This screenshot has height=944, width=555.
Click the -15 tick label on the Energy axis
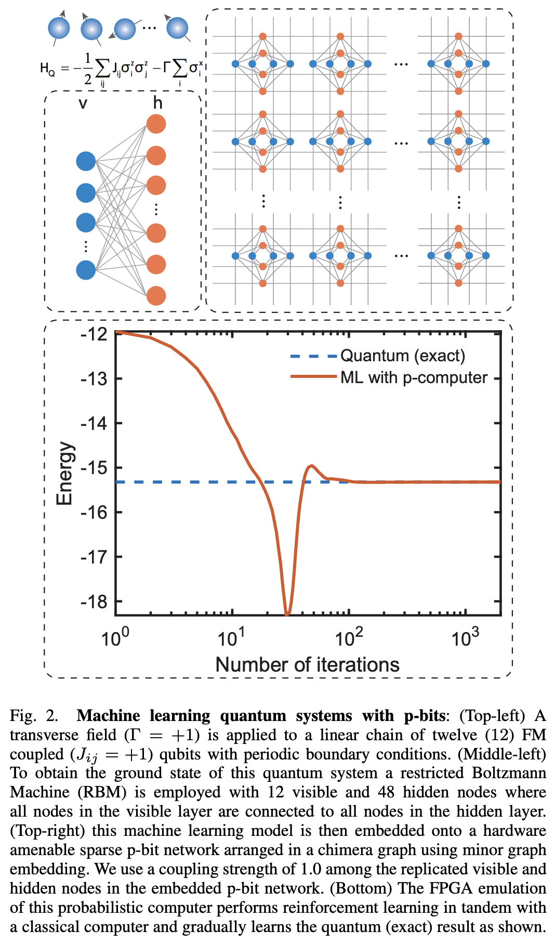(x=94, y=468)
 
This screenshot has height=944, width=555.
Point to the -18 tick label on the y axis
(x=94, y=601)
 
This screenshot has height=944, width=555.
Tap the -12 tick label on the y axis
(x=94, y=334)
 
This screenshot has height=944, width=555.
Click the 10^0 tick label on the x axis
(x=115, y=637)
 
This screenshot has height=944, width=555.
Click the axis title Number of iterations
(x=307, y=665)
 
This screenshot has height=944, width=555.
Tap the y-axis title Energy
(x=65, y=473)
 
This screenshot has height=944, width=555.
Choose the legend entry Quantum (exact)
(x=403, y=356)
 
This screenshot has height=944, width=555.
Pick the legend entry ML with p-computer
(x=414, y=378)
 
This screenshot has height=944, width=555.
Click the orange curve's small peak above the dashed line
(x=311, y=466)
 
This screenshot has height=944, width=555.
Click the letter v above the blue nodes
(x=83, y=104)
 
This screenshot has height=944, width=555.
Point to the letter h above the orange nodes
(x=157, y=103)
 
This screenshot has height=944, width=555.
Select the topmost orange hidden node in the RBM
(x=156, y=124)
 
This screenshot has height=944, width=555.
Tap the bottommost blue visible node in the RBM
(x=86, y=270)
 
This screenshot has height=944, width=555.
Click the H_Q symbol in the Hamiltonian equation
(x=47, y=68)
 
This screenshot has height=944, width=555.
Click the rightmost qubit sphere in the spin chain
(x=177, y=28)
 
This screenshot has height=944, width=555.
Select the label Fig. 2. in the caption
(x=34, y=716)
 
